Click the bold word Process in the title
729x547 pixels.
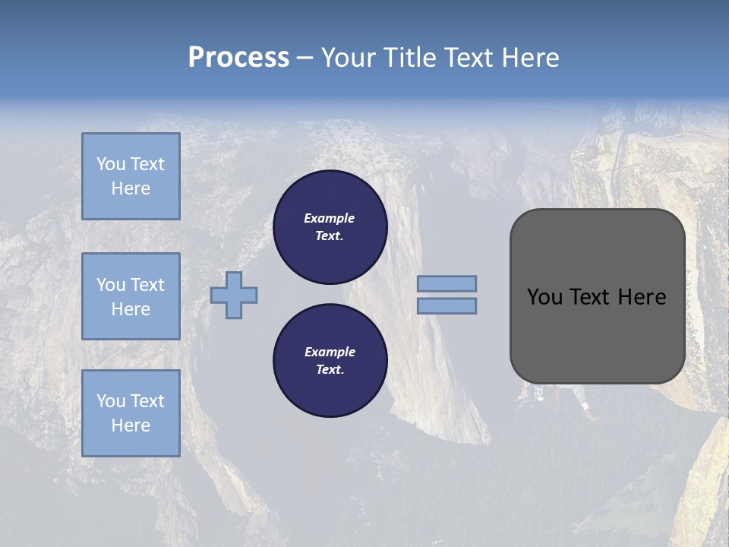click(x=238, y=58)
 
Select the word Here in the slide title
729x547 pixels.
click(x=529, y=58)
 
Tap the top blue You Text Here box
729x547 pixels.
click(x=131, y=176)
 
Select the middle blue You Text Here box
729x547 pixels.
click(x=131, y=296)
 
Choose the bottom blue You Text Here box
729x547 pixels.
click(x=131, y=413)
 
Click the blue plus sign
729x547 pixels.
click(x=234, y=295)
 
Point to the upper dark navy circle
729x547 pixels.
click(x=330, y=227)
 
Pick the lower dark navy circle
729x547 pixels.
click(x=330, y=361)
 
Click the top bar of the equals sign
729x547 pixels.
click(x=447, y=283)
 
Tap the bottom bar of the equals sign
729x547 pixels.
click(x=447, y=305)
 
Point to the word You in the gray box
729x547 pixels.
click(x=544, y=297)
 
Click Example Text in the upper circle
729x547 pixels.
click(x=330, y=227)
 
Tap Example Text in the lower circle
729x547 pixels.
click(x=330, y=361)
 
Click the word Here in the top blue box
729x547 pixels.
click(x=131, y=188)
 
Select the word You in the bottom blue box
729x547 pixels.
click(x=111, y=401)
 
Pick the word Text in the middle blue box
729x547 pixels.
click(x=147, y=285)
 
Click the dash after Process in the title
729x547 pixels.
click(x=305, y=58)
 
